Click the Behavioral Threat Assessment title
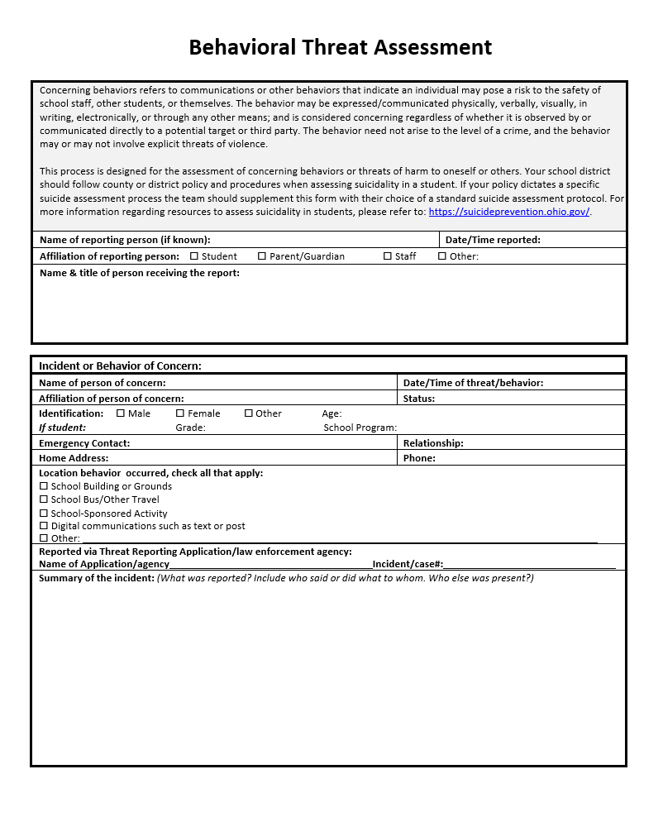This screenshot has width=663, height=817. click(340, 47)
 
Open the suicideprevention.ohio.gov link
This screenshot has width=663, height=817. click(509, 212)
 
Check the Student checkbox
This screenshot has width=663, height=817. click(194, 256)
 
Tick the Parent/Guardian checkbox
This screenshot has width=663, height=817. click(262, 256)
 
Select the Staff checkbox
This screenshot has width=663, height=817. click(388, 256)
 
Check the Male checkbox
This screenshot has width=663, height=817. click(121, 413)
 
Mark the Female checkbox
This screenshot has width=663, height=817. click(180, 413)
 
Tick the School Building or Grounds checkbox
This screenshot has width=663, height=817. click(44, 486)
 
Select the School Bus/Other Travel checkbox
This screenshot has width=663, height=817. click(44, 499)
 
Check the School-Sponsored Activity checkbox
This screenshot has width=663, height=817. click(44, 513)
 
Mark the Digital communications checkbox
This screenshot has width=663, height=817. click(44, 526)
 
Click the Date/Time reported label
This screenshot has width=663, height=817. click(493, 240)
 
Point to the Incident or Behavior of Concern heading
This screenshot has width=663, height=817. click(120, 365)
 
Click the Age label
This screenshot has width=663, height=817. click(331, 413)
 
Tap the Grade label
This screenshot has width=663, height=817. click(190, 428)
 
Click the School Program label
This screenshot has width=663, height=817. click(360, 428)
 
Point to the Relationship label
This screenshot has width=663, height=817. click(433, 443)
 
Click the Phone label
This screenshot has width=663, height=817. click(419, 458)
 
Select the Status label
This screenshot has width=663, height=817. click(419, 399)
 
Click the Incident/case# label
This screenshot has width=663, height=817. click(408, 564)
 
